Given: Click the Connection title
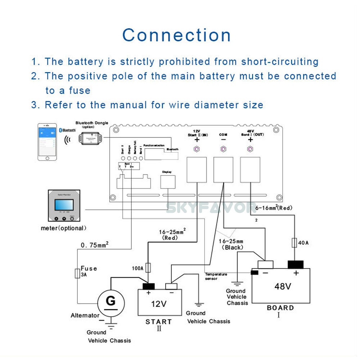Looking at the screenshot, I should (176, 35).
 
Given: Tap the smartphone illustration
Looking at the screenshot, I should (48, 142).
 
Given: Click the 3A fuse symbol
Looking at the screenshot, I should (77, 273).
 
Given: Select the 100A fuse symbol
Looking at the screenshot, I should (148, 267).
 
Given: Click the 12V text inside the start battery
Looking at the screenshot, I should (158, 304).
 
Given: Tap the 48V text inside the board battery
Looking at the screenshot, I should (283, 287).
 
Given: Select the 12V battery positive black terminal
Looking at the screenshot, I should (149, 286).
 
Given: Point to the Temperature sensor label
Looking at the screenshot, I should (216, 276).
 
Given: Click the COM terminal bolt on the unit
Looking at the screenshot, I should (223, 149).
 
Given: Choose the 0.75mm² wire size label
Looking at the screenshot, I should (95, 246).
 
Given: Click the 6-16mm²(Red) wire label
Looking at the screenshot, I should (274, 208).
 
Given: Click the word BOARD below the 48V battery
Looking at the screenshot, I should (280, 308).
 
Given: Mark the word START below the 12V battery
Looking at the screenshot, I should (159, 321).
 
